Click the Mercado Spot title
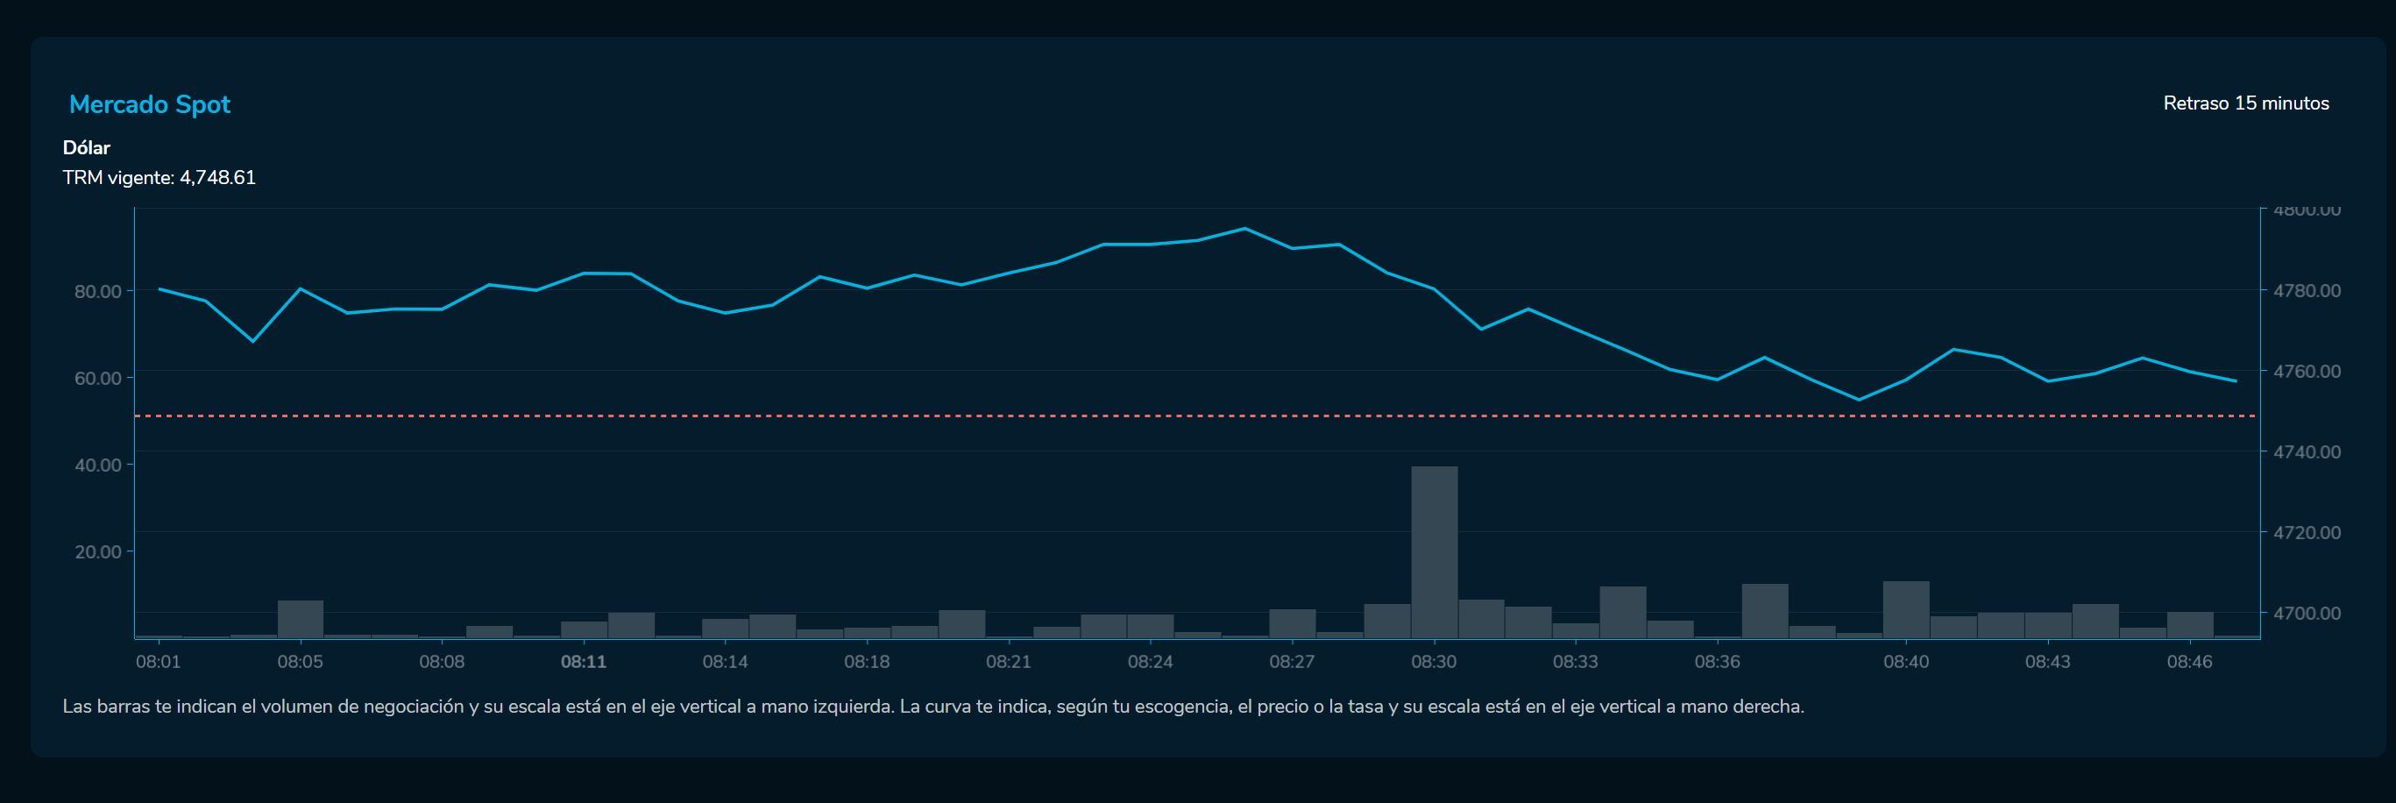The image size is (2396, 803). (x=150, y=104)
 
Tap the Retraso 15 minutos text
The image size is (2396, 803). (x=2245, y=103)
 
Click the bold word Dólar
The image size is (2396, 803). (x=87, y=148)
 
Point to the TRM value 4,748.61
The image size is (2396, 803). (x=217, y=178)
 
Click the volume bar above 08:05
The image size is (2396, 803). (x=301, y=619)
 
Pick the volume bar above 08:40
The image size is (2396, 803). (x=1906, y=609)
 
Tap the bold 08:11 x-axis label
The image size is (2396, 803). (x=583, y=662)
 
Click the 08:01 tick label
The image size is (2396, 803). (x=158, y=662)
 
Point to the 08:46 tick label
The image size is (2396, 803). (x=2189, y=662)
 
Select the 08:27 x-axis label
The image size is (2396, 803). (x=1292, y=662)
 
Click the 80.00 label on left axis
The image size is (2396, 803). (x=97, y=291)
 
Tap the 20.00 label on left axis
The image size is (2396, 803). (x=97, y=551)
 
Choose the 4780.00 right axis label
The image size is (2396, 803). (x=2307, y=290)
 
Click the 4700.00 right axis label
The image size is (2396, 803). (x=2307, y=613)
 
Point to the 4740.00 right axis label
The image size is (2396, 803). (x=2307, y=452)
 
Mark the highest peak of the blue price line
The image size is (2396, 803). (x=1244, y=228)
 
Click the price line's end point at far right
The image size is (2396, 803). (x=2236, y=380)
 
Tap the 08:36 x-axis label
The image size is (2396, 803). (x=1717, y=662)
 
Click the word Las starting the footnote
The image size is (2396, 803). (x=76, y=707)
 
